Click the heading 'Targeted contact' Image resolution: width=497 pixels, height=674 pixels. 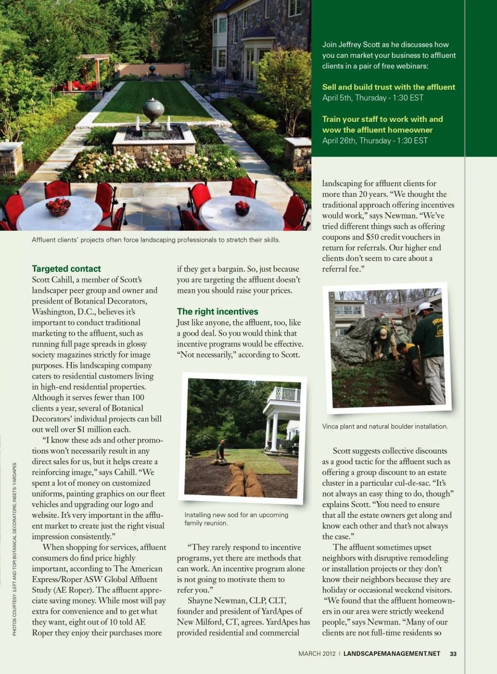click(66, 269)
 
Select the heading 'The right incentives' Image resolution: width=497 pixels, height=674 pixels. click(217, 311)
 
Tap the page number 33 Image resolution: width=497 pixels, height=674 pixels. click(453, 654)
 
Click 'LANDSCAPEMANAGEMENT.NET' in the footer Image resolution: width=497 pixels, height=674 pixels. click(392, 654)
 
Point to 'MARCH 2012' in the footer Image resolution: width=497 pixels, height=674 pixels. click(317, 654)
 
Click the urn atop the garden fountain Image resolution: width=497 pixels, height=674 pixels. click(153, 111)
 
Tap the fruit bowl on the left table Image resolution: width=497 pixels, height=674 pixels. click(58, 206)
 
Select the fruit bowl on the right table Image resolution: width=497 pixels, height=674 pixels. click(242, 207)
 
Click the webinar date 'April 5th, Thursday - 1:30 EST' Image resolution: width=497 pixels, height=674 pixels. click(373, 98)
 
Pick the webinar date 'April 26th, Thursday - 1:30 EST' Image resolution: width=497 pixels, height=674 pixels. click(375, 141)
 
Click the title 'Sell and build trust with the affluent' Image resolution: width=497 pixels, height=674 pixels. click(388, 87)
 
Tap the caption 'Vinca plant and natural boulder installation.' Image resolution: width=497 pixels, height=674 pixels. click(385, 426)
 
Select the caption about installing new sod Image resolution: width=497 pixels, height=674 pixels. click(236, 519)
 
